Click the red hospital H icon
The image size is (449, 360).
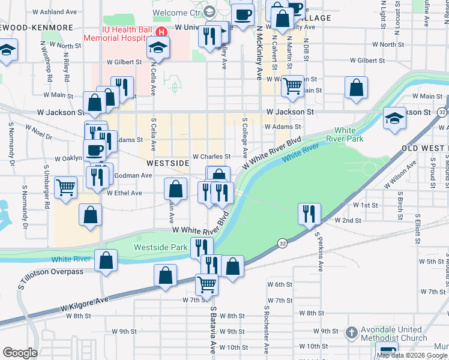(x=160, y=32)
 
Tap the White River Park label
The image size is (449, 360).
(x=345, y=134)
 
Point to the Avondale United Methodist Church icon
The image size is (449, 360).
(x=352, y=332)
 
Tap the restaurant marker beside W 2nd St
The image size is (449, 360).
(x=309, y=214)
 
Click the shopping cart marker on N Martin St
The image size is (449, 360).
(x=292, y=85)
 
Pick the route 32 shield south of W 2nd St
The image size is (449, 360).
(x=282, y=242)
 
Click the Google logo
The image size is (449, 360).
(x=20, y=353)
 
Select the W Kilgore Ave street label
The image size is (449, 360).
(x=84, y=303)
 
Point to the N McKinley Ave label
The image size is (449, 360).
(x=259, y=54)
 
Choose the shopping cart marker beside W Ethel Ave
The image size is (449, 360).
(x=65, y=186)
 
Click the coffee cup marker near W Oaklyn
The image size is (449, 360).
(x=93, y=149)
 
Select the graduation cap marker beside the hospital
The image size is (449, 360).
(x=158, y=47)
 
